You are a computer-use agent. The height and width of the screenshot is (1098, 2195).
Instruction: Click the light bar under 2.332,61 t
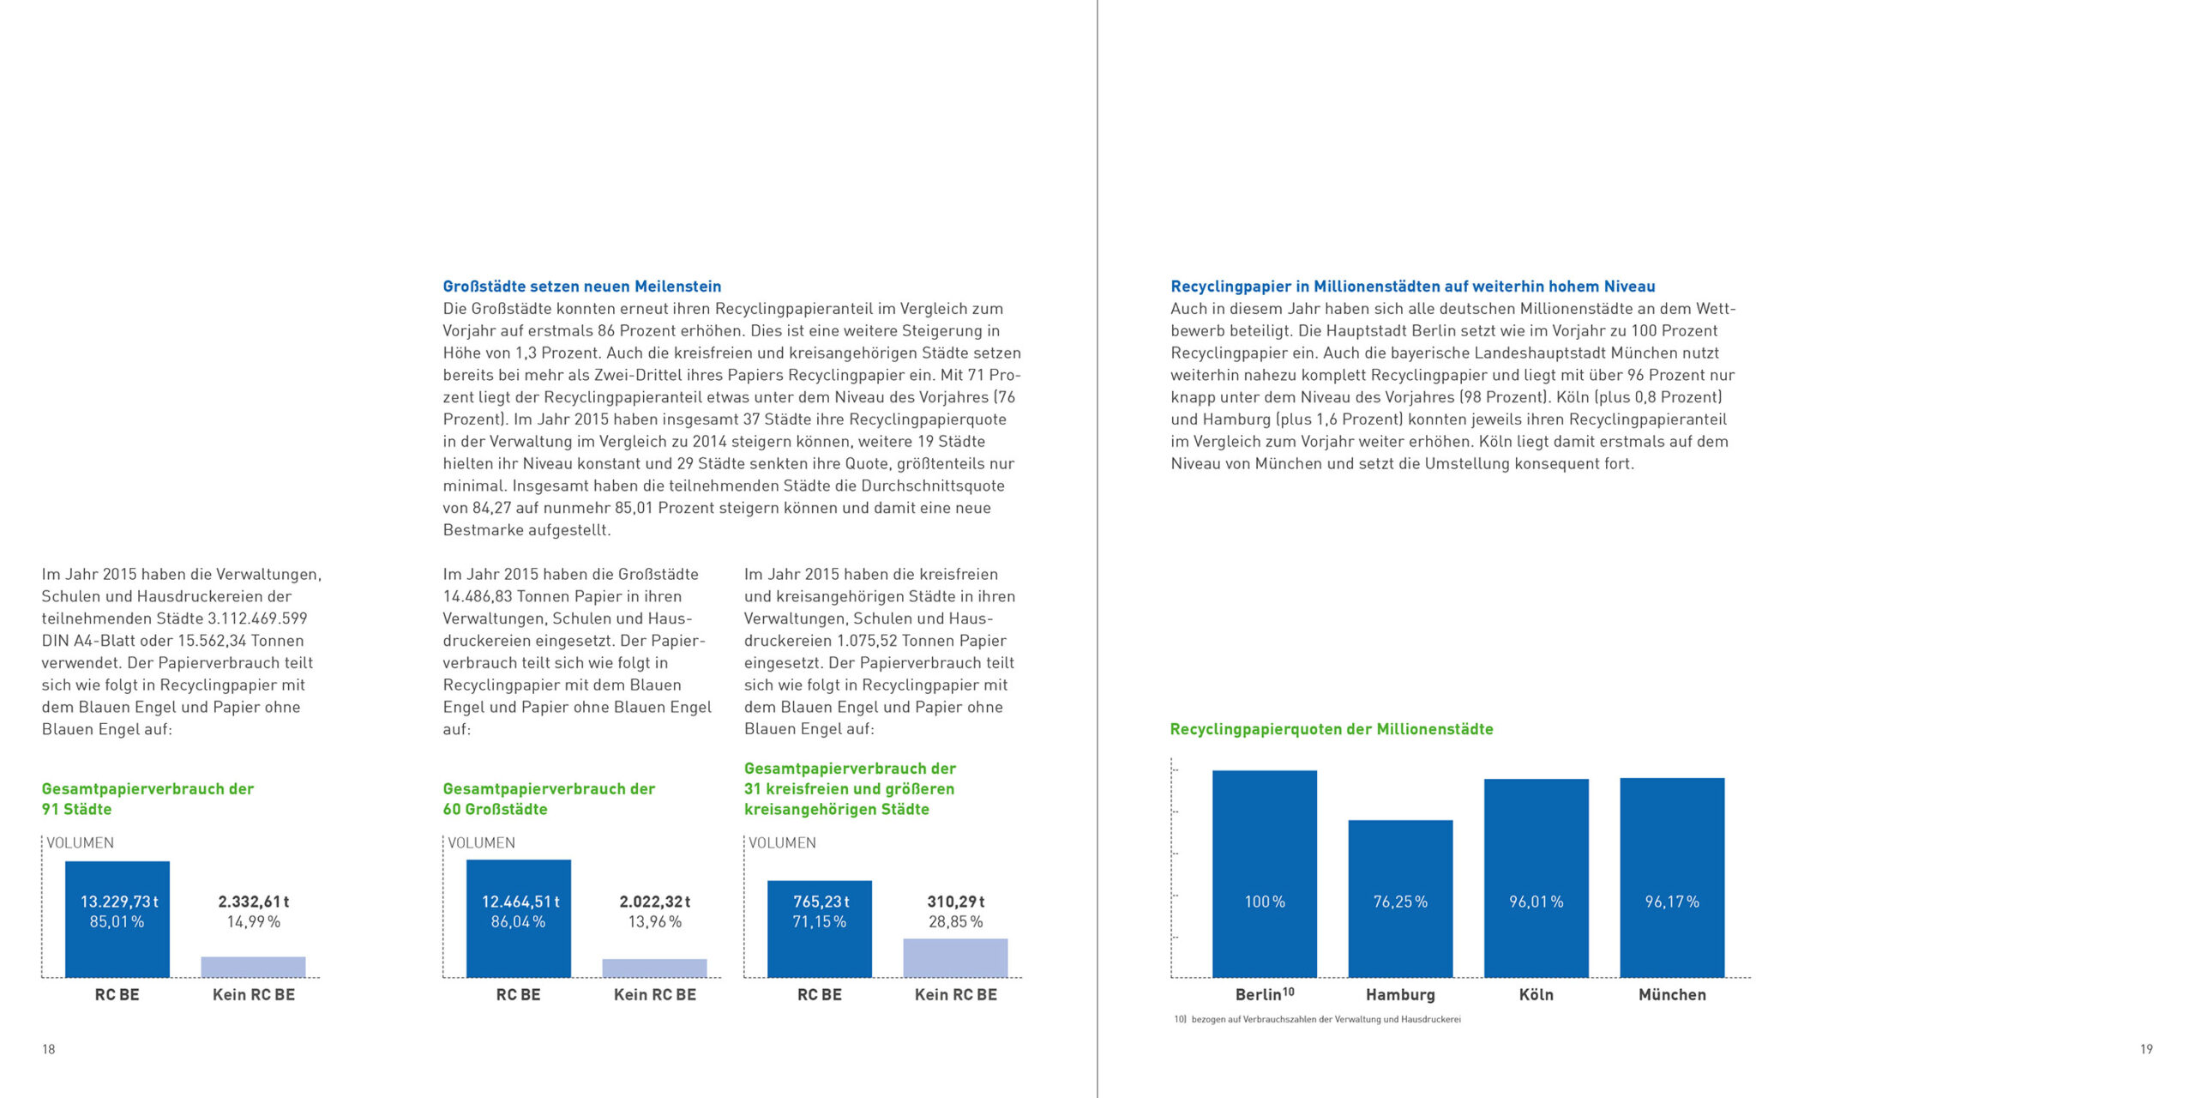pyautogui.click(x=253, y=967)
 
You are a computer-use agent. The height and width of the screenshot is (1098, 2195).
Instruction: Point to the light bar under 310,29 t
pyautogui.click(x=955, y=957)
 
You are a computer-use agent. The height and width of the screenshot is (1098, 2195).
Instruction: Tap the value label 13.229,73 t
pyautogui.click(x=119, y=902)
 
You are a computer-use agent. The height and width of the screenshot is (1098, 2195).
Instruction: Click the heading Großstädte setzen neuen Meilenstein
pyautogui.click(x=581, y=287)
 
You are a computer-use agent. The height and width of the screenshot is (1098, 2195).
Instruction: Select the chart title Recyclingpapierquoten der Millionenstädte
pyautogui.click(x=1331, y=729)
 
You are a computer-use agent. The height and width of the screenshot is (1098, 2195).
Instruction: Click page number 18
pyautogui.click(x=49, y=1049)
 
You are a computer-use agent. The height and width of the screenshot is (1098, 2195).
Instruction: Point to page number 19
pyautogui.click(x=2146, y=1049)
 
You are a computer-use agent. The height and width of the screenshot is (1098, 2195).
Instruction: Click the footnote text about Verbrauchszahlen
pyautogui.click(x=1317, y=1020)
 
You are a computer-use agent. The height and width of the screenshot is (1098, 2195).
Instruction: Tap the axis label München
pyautogui.click(x=1672, y=995)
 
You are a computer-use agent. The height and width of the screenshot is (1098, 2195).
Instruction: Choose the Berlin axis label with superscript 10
pyautogui.click(x=1264, y=994)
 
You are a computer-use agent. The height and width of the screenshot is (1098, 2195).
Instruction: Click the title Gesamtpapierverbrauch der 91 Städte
pyautogui.click(x=147, y=799)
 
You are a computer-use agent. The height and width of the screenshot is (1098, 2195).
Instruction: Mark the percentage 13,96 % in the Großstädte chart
pyautogui.click(x=654, y=922)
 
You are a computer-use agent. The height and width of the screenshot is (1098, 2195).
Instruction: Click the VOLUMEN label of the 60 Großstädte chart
pyautogui.click(x=481, y=843)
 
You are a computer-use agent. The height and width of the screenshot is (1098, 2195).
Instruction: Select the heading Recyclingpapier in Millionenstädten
pyautogui.click(x=1412, y=287)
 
